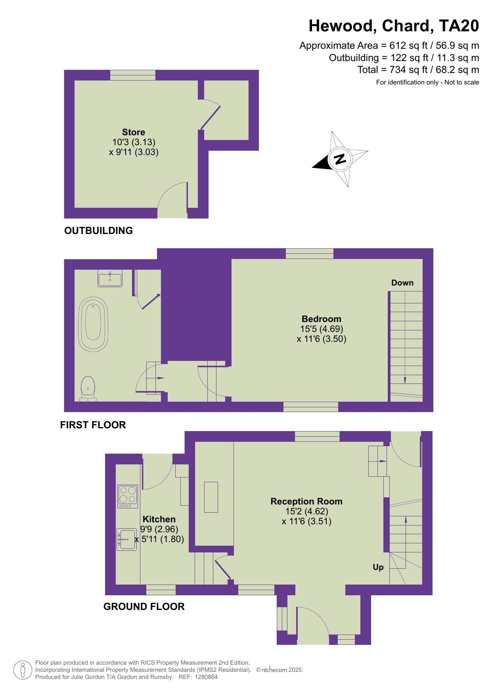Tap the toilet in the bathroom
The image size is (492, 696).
coord(88,389)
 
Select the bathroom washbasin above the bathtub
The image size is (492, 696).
coord(110,279)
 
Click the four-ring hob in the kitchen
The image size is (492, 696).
coord(128,496)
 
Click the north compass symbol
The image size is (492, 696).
coord(340,159)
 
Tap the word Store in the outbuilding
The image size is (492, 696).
coord(134,132)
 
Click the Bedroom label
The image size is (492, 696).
coord(322,319)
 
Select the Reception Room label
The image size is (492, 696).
coord(306,501)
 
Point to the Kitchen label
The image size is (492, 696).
coord(159,519)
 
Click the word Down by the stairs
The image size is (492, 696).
coord(402,283)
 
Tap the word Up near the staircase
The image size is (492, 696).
coord(378,568)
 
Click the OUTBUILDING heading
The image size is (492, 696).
coord(99,230)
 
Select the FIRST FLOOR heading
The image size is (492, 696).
coord(93,425)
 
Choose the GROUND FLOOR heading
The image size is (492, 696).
coord(144,606)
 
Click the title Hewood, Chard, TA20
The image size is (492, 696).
coord(394,26)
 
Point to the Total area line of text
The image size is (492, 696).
coord(418,70)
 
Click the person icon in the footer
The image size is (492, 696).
coord(23,670)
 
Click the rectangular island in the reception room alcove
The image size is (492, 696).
coord(211,497)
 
